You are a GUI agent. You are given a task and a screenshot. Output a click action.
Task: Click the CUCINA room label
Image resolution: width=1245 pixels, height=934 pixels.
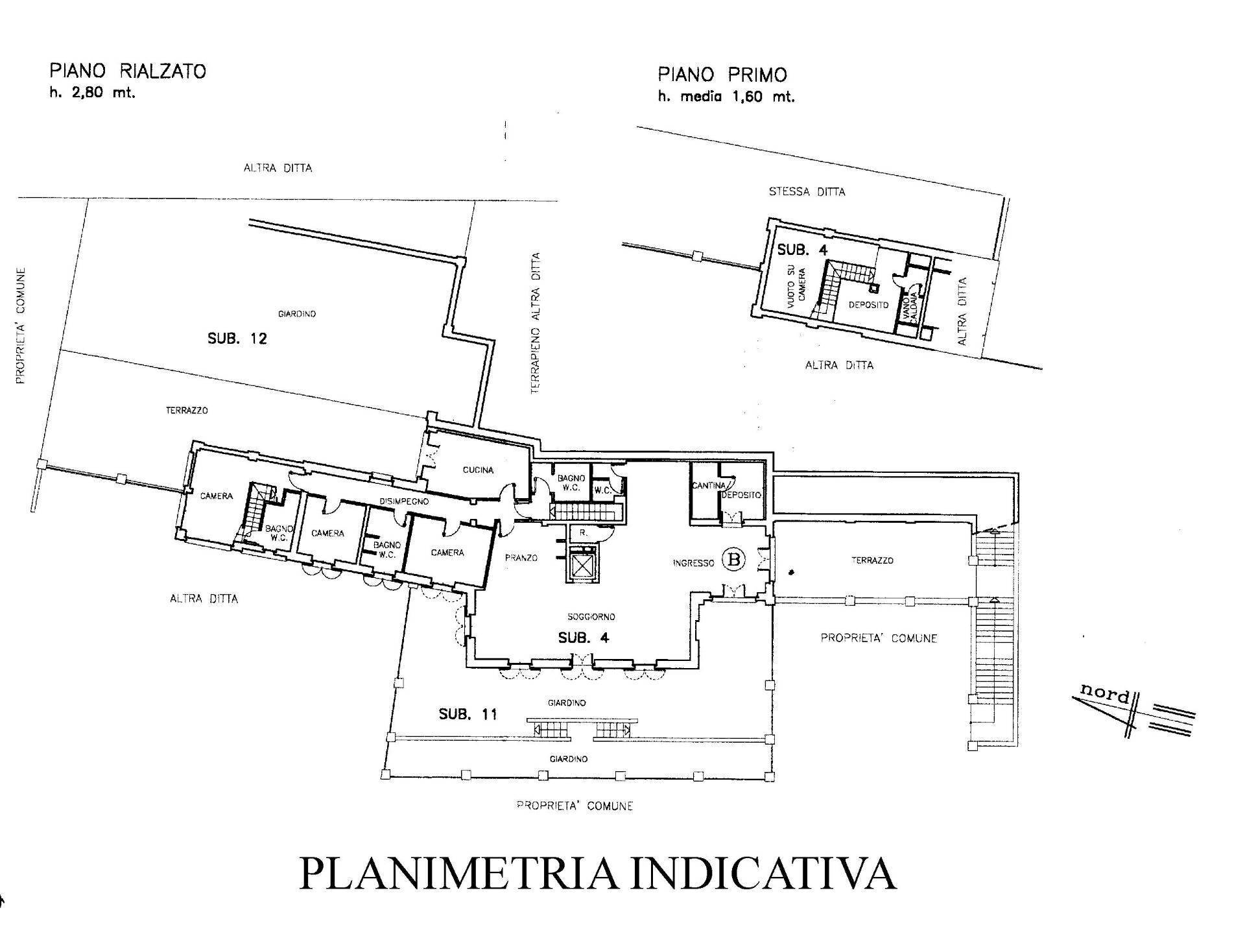tap(478, 470)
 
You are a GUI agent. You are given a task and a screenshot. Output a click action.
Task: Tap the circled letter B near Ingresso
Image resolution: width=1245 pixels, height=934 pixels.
tap(734, 558)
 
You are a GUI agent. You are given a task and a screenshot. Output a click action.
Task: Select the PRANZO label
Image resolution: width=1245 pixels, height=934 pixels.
tap(521, 557)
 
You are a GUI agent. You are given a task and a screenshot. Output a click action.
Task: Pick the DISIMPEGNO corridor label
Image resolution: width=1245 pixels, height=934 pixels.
tap(404, 501)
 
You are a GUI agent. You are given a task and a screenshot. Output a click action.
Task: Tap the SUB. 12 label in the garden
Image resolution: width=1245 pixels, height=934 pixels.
tap(237, 339)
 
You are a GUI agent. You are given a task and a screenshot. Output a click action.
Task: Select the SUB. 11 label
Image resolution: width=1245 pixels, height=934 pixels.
tap(468, 714)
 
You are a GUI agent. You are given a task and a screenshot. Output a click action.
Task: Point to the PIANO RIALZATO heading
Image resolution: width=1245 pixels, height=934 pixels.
tap(128, 71)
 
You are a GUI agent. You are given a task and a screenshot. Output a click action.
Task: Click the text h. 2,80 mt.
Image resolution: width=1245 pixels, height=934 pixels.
tap(93, 93)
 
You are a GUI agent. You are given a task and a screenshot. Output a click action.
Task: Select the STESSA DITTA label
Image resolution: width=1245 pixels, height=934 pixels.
tap(807, 192)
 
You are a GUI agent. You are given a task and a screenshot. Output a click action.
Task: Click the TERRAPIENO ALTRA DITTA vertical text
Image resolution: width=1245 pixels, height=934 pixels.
tap(536, 323)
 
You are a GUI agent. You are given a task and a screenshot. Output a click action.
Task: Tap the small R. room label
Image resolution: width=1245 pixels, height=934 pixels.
tap(583, 532)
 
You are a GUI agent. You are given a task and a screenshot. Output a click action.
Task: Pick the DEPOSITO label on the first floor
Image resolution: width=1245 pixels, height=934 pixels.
tap(868, 305)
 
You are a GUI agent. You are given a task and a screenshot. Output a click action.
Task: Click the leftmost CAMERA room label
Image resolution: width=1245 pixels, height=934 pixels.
tap(216, 496)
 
